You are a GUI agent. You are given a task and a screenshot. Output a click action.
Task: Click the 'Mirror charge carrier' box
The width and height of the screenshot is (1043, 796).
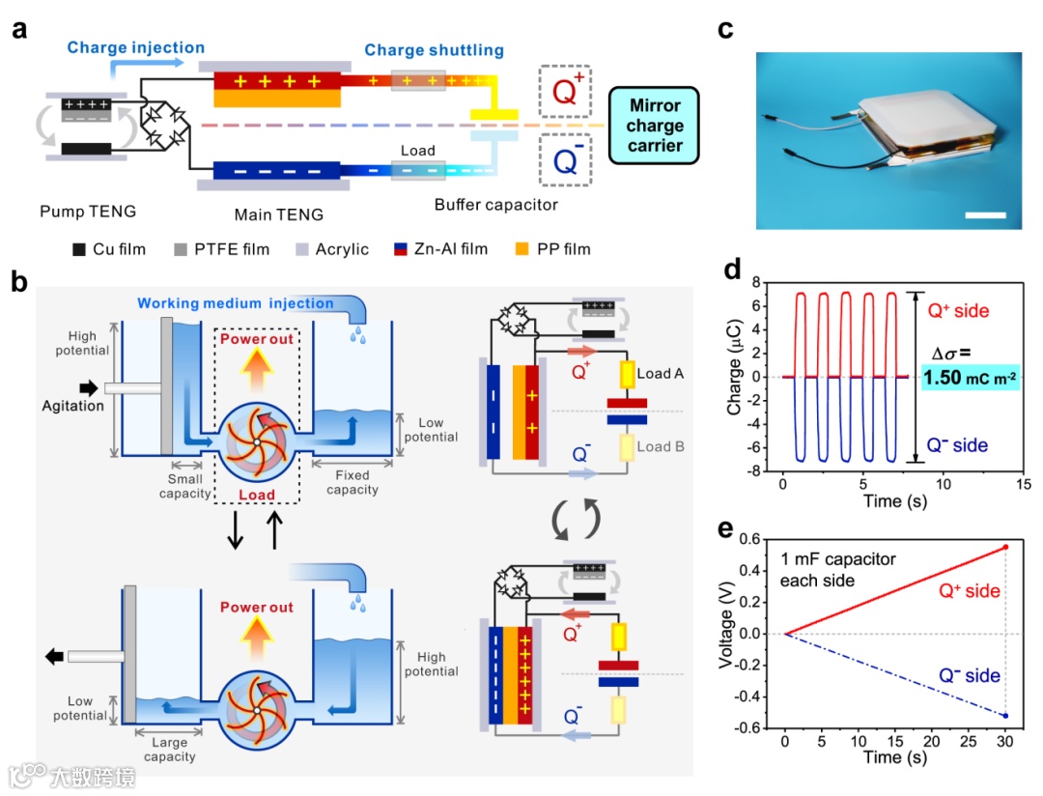654,125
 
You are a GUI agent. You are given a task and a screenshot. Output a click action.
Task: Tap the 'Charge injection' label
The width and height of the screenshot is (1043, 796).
136,47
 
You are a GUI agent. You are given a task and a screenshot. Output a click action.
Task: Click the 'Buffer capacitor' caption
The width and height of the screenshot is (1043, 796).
495,205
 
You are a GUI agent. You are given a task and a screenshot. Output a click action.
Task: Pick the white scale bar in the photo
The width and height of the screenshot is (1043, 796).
984,214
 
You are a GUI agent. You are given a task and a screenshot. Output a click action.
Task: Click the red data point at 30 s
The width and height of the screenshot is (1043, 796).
1006,547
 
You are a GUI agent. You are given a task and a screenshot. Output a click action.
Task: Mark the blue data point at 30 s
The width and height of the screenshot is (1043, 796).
1006,716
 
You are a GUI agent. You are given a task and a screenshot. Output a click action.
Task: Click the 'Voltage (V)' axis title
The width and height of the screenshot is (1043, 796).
731,634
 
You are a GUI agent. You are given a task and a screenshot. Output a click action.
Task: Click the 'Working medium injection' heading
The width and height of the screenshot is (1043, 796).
236,303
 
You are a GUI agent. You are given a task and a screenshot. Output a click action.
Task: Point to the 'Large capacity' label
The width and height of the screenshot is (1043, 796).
169,750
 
